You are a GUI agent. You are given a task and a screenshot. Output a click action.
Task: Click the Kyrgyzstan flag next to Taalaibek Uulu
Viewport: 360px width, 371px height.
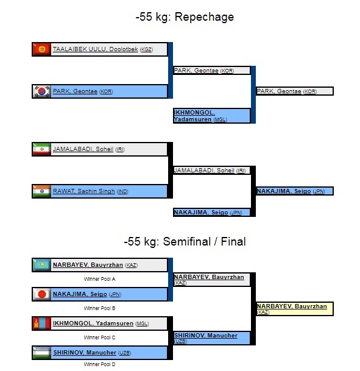pos(41,49)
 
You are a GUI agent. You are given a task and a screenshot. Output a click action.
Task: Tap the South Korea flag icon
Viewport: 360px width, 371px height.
pos(41,91)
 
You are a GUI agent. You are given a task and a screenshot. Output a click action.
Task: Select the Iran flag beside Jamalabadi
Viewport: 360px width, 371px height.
pos(41,149)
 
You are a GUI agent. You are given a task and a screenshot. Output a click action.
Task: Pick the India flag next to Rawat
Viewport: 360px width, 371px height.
pos(41,191)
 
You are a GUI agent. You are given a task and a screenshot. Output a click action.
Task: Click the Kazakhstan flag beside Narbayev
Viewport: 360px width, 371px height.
pos(41,265)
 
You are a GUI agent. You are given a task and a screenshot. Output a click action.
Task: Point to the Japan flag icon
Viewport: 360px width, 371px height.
pos(41,294)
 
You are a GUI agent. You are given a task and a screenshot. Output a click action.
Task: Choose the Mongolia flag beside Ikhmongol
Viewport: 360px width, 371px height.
pos(41,323)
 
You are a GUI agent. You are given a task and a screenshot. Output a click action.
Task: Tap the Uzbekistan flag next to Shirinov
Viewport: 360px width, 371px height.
pos(41,353)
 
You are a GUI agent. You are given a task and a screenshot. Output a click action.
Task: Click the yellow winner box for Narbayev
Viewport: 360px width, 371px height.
pos(295,309)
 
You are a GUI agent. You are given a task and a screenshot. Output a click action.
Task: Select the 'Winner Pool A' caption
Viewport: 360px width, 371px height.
pos(99,279)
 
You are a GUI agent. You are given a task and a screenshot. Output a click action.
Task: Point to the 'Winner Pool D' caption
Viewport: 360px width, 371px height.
pos(99,364)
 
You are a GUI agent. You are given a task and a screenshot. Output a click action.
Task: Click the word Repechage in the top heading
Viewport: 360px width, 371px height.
pos(204,17)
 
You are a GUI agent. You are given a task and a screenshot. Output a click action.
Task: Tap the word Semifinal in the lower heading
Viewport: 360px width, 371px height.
pos(186,242)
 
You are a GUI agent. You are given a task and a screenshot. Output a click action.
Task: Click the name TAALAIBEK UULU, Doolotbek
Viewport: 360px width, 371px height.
pos(95,49)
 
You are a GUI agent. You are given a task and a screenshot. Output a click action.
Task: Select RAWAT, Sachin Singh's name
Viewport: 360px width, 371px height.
pos(83,191)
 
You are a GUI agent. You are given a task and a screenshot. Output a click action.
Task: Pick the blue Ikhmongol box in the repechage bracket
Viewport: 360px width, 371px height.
pos(212,116)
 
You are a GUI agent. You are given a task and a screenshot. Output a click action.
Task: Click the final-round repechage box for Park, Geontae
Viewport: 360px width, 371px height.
pos(295,91)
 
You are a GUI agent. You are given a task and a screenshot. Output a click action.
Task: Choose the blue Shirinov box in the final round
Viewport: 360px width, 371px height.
pos(212,338)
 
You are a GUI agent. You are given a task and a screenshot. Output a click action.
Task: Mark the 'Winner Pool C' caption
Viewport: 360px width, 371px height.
pos(99,337)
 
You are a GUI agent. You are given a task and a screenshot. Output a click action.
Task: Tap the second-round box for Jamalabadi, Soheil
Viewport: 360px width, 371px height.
pos(212,171)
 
